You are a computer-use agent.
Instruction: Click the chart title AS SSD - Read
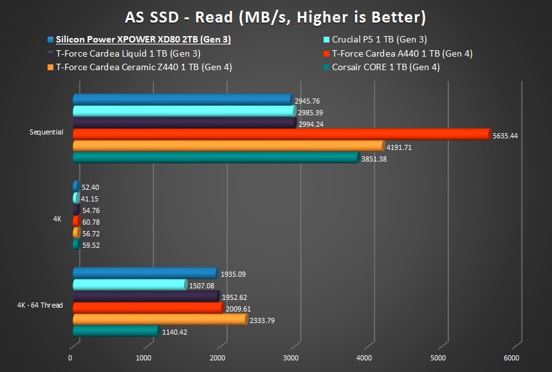click(x=275, y=15)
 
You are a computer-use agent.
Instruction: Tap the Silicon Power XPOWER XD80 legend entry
click(x=143, y=39)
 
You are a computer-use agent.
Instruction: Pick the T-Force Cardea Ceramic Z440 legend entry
click(x=143, y=66)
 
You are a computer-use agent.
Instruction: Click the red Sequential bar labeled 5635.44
click(x=281, y=134)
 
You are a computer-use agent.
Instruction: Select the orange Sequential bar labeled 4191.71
click(x=228, y=145)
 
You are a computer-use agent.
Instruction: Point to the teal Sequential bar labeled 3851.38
click(x=216, y=157)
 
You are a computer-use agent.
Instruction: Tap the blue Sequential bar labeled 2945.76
click(x=182, y=99)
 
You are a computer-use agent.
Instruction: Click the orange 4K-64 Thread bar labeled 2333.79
click(x=160, y=319)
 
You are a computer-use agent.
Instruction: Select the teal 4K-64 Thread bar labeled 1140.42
click(x=115, y=331)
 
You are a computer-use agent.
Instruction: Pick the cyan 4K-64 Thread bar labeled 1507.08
click(x=129, y=284)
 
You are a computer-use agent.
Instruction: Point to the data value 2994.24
click(x=312, y=125)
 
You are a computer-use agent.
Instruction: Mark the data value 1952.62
click(x=234, y=298)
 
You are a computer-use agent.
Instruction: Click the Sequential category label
click(x=46, y=132)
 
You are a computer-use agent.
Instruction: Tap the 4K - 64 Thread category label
click(x=40, y=305)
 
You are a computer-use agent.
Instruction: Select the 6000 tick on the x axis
click(x=511, y=358)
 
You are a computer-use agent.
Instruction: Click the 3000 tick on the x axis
click(x=291, y=358)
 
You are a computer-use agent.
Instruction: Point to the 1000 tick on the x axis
click(x=144, y=358)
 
